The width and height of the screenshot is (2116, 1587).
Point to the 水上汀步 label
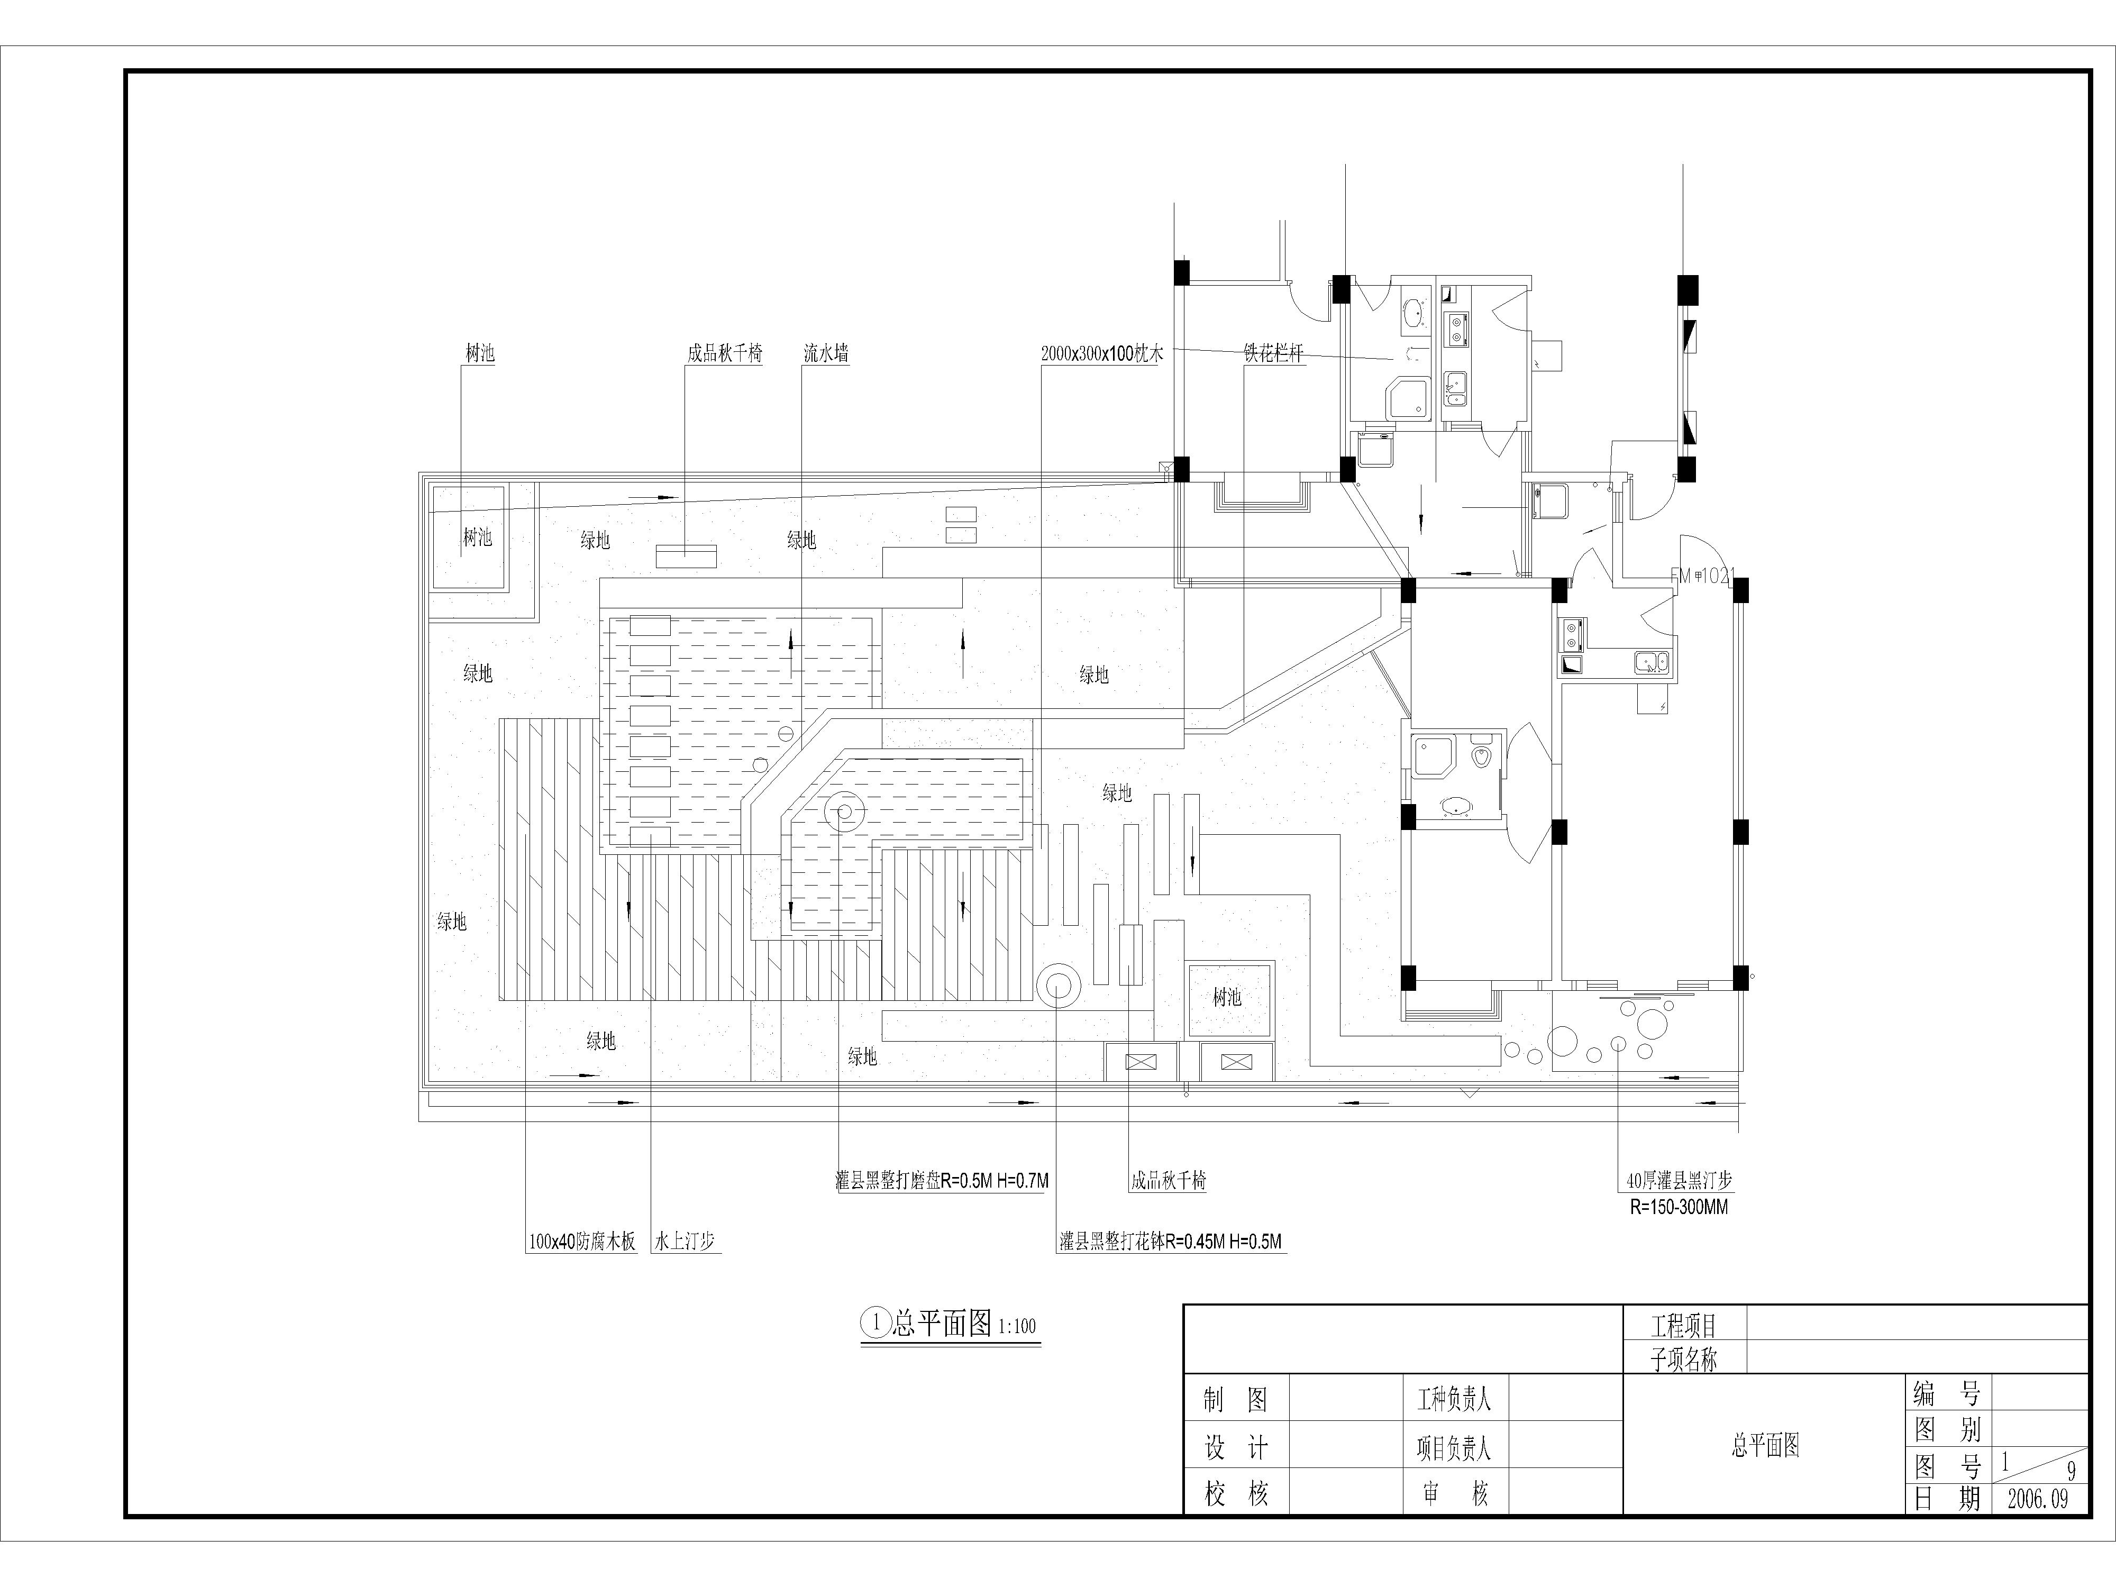(x=684, y=1242)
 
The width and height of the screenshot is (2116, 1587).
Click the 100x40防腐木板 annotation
(x=581, y=1242)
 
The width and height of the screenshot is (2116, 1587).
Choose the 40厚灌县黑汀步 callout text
(x=1679, y=1180)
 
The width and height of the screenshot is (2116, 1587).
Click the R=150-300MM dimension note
(x=1679, y=1207)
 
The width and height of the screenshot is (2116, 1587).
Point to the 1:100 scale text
(x=1017, y=1326)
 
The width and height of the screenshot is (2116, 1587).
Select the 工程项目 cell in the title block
(x=1684, y=1326)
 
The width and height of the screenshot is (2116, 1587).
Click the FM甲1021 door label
(x=1702, y=576)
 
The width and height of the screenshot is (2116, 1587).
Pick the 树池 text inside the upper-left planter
(x=477, y=537)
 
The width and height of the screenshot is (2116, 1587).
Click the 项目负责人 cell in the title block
(x=1454, y=1448)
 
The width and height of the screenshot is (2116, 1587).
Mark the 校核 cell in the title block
(x=1236, y=1494)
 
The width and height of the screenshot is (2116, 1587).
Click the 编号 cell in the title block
(x=1947, y=1393)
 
